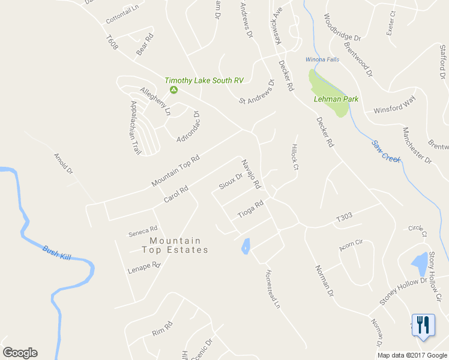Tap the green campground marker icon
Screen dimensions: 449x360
[x=173, y=90]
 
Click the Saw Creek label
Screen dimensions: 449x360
[x=385, y=151]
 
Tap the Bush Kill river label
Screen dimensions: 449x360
[x=56, y=252]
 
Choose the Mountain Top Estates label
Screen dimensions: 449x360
[x=175, y=245]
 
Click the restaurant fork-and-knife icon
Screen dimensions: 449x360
[x=423, y=325]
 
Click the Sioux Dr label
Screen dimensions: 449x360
[x=231, y=181]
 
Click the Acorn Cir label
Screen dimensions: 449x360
[x=351, y=242]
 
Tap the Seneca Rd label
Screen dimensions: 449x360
[x=143, y=229]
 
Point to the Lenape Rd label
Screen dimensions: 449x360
[x=144, y=268]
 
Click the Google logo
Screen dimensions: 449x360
[x=20, y=353]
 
